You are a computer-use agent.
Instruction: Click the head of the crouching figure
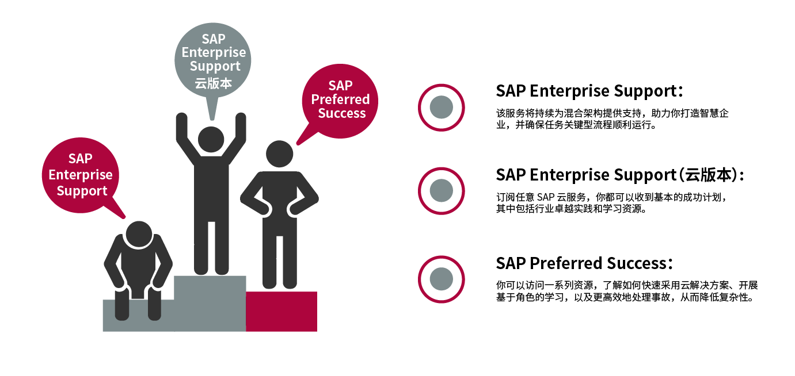pyautogui.click(x=139, y=235)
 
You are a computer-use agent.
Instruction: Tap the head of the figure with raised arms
pyautogui.click(x=211, y=139)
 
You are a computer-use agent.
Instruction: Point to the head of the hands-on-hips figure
pyautogui.click(x=279, y=154)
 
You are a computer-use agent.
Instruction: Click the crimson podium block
pyautogui.click(x=282, y=312)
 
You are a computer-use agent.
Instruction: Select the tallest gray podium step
pyautogui.click(x=210, y=304)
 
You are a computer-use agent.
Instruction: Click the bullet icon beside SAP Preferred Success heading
pyautogui.click(x=441, y=279)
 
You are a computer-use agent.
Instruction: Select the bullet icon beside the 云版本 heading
pyautogui.click(x=441, y=191)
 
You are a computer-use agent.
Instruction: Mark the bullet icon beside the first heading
pyautogui.click(x=441, y=108)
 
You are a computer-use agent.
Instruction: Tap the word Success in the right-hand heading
pyautogui.click(x=637, y=263)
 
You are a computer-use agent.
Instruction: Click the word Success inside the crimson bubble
pyautogui.click(x=342, y=113)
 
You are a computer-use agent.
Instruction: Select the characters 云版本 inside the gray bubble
pyautogui.click(x=213, y=83)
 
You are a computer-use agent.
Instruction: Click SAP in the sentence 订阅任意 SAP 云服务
pyautogui.click(x=546, y=197)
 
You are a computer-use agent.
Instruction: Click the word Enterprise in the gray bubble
pyautogui.click(x=214, y=52)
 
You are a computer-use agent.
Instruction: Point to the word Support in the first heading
pyautogui.click(x=645, y=91)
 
